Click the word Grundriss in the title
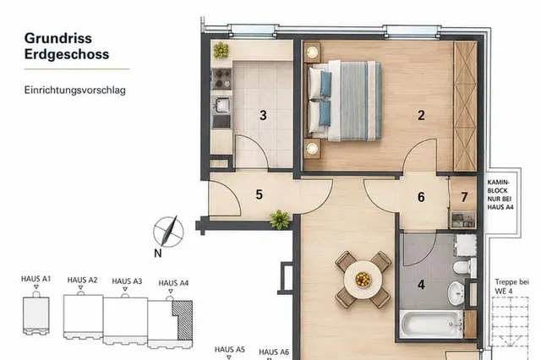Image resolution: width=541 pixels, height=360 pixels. (58, 38)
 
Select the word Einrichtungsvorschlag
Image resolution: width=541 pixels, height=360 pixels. (75, 90)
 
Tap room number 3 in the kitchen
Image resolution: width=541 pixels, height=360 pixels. (263, 116)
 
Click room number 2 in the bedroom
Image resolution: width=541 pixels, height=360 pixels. (421, 116)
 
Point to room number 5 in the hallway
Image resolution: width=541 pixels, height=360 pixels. (260, 195)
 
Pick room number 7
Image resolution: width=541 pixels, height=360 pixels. (464, 197)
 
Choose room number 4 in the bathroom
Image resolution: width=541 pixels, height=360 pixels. (421, 285)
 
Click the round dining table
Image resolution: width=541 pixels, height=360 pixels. (363, 280)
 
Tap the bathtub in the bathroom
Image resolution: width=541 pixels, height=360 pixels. (432, 325)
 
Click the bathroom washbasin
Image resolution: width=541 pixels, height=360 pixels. (456, 293)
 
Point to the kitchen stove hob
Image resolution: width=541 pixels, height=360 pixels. (221, 79)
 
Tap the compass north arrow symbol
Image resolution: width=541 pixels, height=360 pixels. (168, 232)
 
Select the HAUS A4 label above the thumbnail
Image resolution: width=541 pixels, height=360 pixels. (173, 283)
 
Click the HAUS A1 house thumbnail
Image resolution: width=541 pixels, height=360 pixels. (36, 313)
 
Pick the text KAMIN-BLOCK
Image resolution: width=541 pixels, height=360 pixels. (498, 186)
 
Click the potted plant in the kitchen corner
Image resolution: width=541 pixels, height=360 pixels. (221, 50)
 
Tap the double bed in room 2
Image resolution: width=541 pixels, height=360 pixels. (344, 101)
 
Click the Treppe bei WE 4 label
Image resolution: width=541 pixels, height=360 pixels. (511, 286)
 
